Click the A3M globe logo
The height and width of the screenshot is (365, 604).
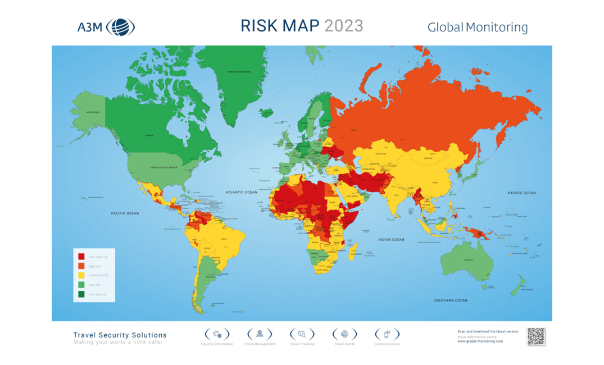pyautogui.click(x=120, y=26)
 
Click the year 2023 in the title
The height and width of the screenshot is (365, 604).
pyautogui.click(x=343, y=26)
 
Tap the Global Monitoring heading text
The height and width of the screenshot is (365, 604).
pyautogui.click(x=477, y=27)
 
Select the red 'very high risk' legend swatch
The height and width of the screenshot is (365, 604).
pyautogui.click(x=81, y=257)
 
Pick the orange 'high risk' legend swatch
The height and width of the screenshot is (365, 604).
pyautogui.click(x=81, y=266)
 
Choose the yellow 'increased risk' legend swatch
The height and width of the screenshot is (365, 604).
pyautogui.click(x=81, y=275)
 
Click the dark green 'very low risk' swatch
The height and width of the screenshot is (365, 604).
pyautogui.click(x=81, y=294)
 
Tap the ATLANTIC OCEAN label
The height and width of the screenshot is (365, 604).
pyautogui.click(x=242, y=192)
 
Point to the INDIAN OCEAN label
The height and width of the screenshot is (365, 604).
pyautogui.click(x=391, y=240)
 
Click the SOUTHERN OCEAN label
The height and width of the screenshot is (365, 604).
pyautogui.click(x=450, y=300)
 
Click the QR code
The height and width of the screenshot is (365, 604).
pyautogui.click(x=536, y=336)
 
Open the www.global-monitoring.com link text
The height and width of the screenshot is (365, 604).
pyautogui.click(x=480, y=341)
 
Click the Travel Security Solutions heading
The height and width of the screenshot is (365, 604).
pyautogui.click(x=120, y=335)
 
